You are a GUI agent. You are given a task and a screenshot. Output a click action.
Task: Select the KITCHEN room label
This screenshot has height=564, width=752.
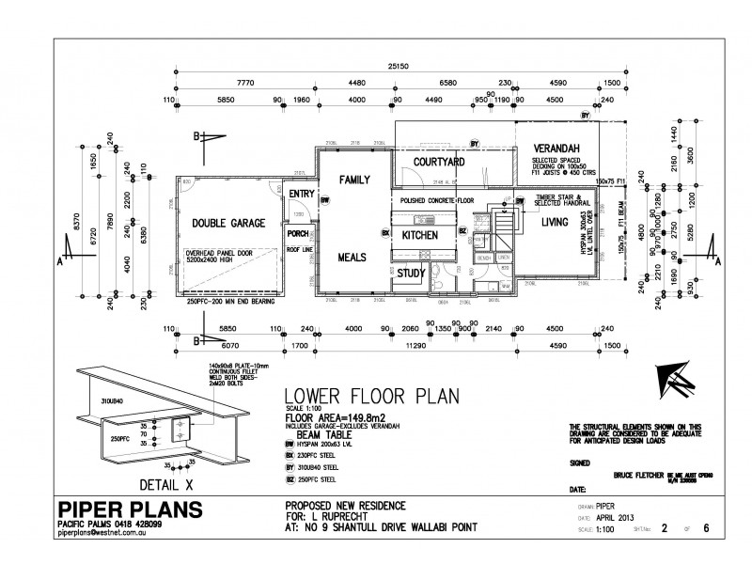click(415, 235)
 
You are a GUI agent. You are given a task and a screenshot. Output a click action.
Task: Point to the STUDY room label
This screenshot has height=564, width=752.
click(411, 274)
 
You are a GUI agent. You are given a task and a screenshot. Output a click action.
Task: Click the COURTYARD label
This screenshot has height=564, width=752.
click(433, 163)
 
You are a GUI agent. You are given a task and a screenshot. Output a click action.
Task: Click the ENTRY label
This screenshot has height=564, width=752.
click(301, 195)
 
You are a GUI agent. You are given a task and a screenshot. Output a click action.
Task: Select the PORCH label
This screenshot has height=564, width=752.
click(299, 234)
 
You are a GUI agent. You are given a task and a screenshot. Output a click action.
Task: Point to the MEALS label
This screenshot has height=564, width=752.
click(354, 256)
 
